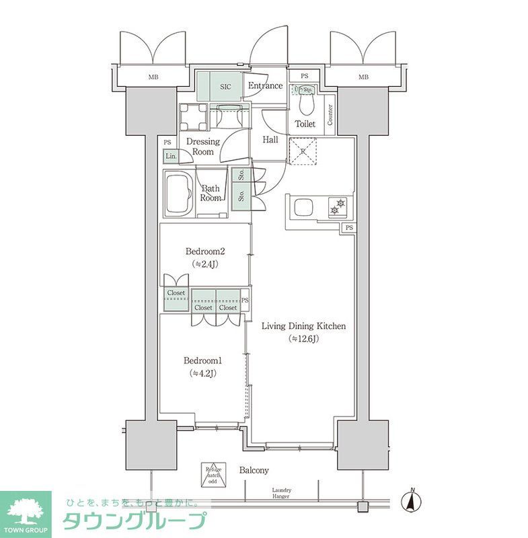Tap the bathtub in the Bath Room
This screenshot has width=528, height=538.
(181, 194)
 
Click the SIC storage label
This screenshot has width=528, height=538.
(227, 86)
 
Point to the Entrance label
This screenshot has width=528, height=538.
(265, 86)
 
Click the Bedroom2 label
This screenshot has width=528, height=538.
(206, 252)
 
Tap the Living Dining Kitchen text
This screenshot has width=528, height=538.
(303, 326)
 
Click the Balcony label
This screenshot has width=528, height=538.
(254, 470)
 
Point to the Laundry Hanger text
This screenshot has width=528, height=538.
(281, 494)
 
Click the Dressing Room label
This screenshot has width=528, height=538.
(203, 147)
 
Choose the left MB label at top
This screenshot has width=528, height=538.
(154, 77)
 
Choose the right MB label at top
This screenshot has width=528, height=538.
(363, 77)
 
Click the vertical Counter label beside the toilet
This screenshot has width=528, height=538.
(330, 115)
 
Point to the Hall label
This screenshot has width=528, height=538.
(270, 140)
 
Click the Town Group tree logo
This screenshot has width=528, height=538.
(25, 511)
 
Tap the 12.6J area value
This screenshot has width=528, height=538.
(303, 338)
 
